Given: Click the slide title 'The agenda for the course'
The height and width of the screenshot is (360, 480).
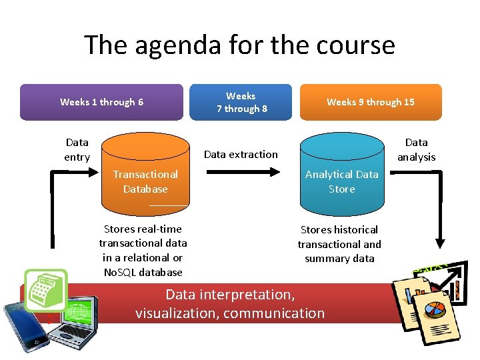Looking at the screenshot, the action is pyautogui.click(x=239, y=45).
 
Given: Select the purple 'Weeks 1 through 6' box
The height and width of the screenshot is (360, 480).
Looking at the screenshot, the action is pyautogui.click(x=101, y=102).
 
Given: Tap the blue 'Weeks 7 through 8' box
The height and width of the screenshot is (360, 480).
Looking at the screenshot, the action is pyautogui.click(x=241, y=102).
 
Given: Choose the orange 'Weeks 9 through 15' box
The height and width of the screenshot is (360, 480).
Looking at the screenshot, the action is pyautogui.click(x=370, y=102).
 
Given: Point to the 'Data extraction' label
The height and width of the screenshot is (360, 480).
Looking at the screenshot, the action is pyautogui.click(x=241, y=154).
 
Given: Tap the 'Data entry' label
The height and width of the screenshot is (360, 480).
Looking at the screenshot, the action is pyautogui.click(x=77, y=149).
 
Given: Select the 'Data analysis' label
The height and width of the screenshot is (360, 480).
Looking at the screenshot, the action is pyautogui.click(x=416, y=149).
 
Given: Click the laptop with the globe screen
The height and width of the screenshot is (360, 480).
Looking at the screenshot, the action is pyautogui.click(x=75, y=319).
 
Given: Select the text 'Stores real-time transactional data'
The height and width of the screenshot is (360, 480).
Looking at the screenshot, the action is pyautogui.click(x=143, y=236).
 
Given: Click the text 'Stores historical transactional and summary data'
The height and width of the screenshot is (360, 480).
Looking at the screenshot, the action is pyautogui.click(x=339, y=243).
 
